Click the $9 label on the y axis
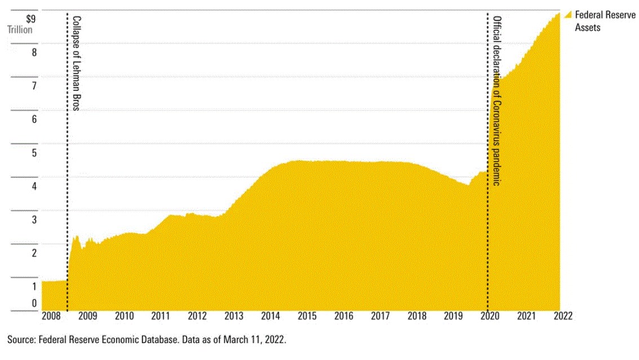32,18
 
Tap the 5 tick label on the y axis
34,153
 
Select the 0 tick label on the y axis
34,304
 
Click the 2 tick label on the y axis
34,253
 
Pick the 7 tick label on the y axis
34,86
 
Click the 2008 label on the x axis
51,316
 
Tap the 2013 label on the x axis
234,316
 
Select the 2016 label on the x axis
344,316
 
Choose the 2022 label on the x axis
563,316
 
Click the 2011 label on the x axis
161,316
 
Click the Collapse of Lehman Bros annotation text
75,63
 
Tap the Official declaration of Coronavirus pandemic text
496,100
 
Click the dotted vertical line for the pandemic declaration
487,225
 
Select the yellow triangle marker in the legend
569,14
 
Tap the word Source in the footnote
20,340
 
